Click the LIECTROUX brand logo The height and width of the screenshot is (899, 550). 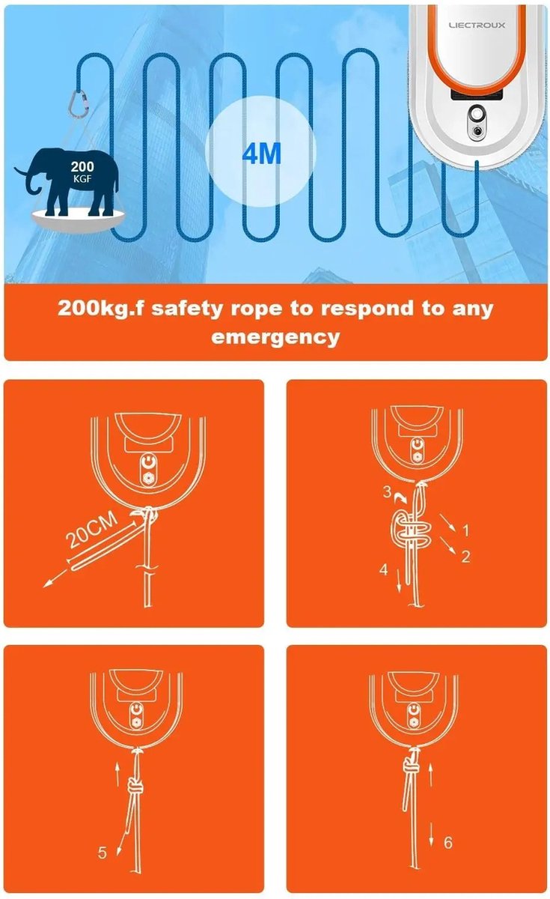point(477,25)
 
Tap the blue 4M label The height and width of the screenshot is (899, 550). point(262,154)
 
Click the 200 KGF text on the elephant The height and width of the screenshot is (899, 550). point(82,172)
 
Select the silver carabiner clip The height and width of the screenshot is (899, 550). point(79,103)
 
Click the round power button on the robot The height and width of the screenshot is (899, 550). point(477,115)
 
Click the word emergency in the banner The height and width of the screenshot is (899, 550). point(275,337)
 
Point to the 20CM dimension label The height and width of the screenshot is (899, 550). point(92,530)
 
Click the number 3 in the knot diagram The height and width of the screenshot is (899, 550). point(387,491)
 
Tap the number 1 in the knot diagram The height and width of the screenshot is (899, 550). point(465,531)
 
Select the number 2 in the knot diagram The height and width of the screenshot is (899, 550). point(465,557)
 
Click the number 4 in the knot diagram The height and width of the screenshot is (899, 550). point(384,569)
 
